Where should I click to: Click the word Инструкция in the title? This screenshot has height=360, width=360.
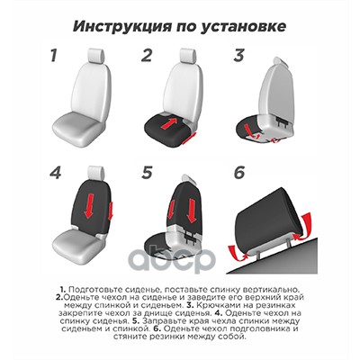point(122,26)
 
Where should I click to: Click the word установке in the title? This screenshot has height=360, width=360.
point(242,27)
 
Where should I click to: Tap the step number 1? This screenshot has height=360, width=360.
point(54,56)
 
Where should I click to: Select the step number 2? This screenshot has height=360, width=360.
point(147,56)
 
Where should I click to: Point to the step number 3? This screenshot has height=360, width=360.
point(239,56)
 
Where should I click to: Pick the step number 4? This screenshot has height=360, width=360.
point(56,173)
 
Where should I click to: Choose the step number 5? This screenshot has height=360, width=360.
point(147,173)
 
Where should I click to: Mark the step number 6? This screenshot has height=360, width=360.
point(239,173)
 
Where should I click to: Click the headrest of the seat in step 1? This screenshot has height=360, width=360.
point(96,57)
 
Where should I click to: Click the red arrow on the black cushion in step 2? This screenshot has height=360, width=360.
point(168,123)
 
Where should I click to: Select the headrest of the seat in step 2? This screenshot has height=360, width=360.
point(188,57)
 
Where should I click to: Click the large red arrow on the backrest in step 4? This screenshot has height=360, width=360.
point(89,205)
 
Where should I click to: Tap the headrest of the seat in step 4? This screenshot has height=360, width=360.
point(96,174)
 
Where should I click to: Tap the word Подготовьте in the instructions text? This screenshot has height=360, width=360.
point(92,290)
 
